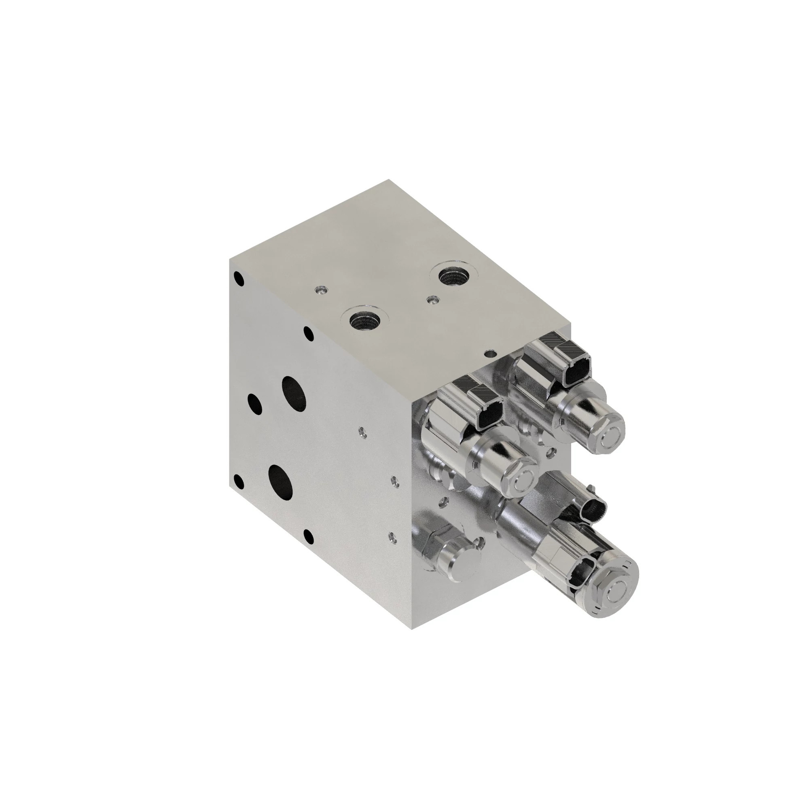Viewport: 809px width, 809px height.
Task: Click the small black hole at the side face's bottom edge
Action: click(x=308, y=536)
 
